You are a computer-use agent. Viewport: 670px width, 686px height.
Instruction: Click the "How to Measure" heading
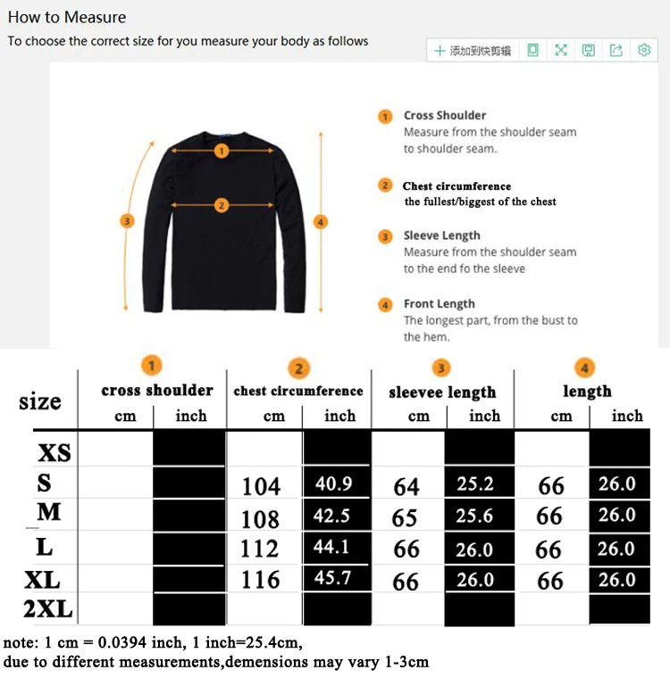click(x=67, y=17)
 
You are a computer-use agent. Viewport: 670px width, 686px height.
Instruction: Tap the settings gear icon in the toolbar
click(x=643, y=51)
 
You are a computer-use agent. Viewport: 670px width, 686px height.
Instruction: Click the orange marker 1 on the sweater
click(x=222, y=151)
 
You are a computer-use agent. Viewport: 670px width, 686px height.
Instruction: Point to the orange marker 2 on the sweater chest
click(x=222, y=206)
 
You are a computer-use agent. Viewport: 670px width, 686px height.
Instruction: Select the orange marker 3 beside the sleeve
click(x=128, y=220)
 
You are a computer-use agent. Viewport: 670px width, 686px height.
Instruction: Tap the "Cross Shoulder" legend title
click(x=445, y=115)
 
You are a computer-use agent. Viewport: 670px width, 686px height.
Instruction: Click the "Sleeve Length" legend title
click(x=441, y=236)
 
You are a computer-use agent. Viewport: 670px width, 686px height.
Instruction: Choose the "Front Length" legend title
click(x=439, y=303)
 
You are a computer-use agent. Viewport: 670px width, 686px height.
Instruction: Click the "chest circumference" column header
click(x=298, y=391)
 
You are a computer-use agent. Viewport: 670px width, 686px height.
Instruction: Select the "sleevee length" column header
click(x=442, y=393)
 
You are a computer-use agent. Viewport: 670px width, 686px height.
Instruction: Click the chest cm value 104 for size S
click(x=261, y=486)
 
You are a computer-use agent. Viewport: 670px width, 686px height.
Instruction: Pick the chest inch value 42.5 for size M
click(x=333, y=516)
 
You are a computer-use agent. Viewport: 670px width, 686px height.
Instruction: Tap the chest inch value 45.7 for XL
click(x=333, y=578)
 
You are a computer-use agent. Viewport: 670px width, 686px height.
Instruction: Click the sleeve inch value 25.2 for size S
click(x=474, y=484)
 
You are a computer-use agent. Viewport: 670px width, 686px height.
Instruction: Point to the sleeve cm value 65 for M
click(x=405, y=518)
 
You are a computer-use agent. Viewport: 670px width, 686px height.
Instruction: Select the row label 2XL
click(x=49, y=611)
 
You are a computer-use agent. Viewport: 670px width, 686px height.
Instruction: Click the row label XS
click(x=54, y=453)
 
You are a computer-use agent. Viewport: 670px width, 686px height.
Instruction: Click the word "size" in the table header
click(x=40, y=401)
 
